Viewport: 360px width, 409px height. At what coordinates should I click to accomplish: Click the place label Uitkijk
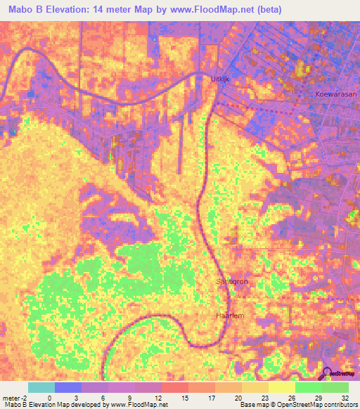pos(221,79)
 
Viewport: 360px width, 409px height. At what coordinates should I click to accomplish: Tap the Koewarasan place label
pos(335,93)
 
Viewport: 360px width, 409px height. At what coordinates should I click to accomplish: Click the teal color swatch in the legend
pos(41,387)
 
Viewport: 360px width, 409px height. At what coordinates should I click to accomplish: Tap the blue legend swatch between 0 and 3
pos(68,387)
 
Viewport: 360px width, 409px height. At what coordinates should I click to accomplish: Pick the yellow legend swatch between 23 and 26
pos(282,387)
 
